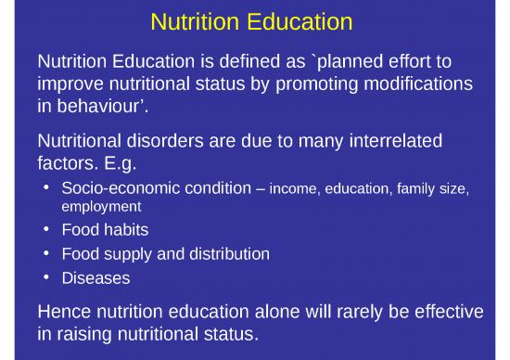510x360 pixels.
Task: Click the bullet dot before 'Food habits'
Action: click(x=48, y=229)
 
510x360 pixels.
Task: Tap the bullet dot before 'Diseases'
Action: click(x=48, y=277)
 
